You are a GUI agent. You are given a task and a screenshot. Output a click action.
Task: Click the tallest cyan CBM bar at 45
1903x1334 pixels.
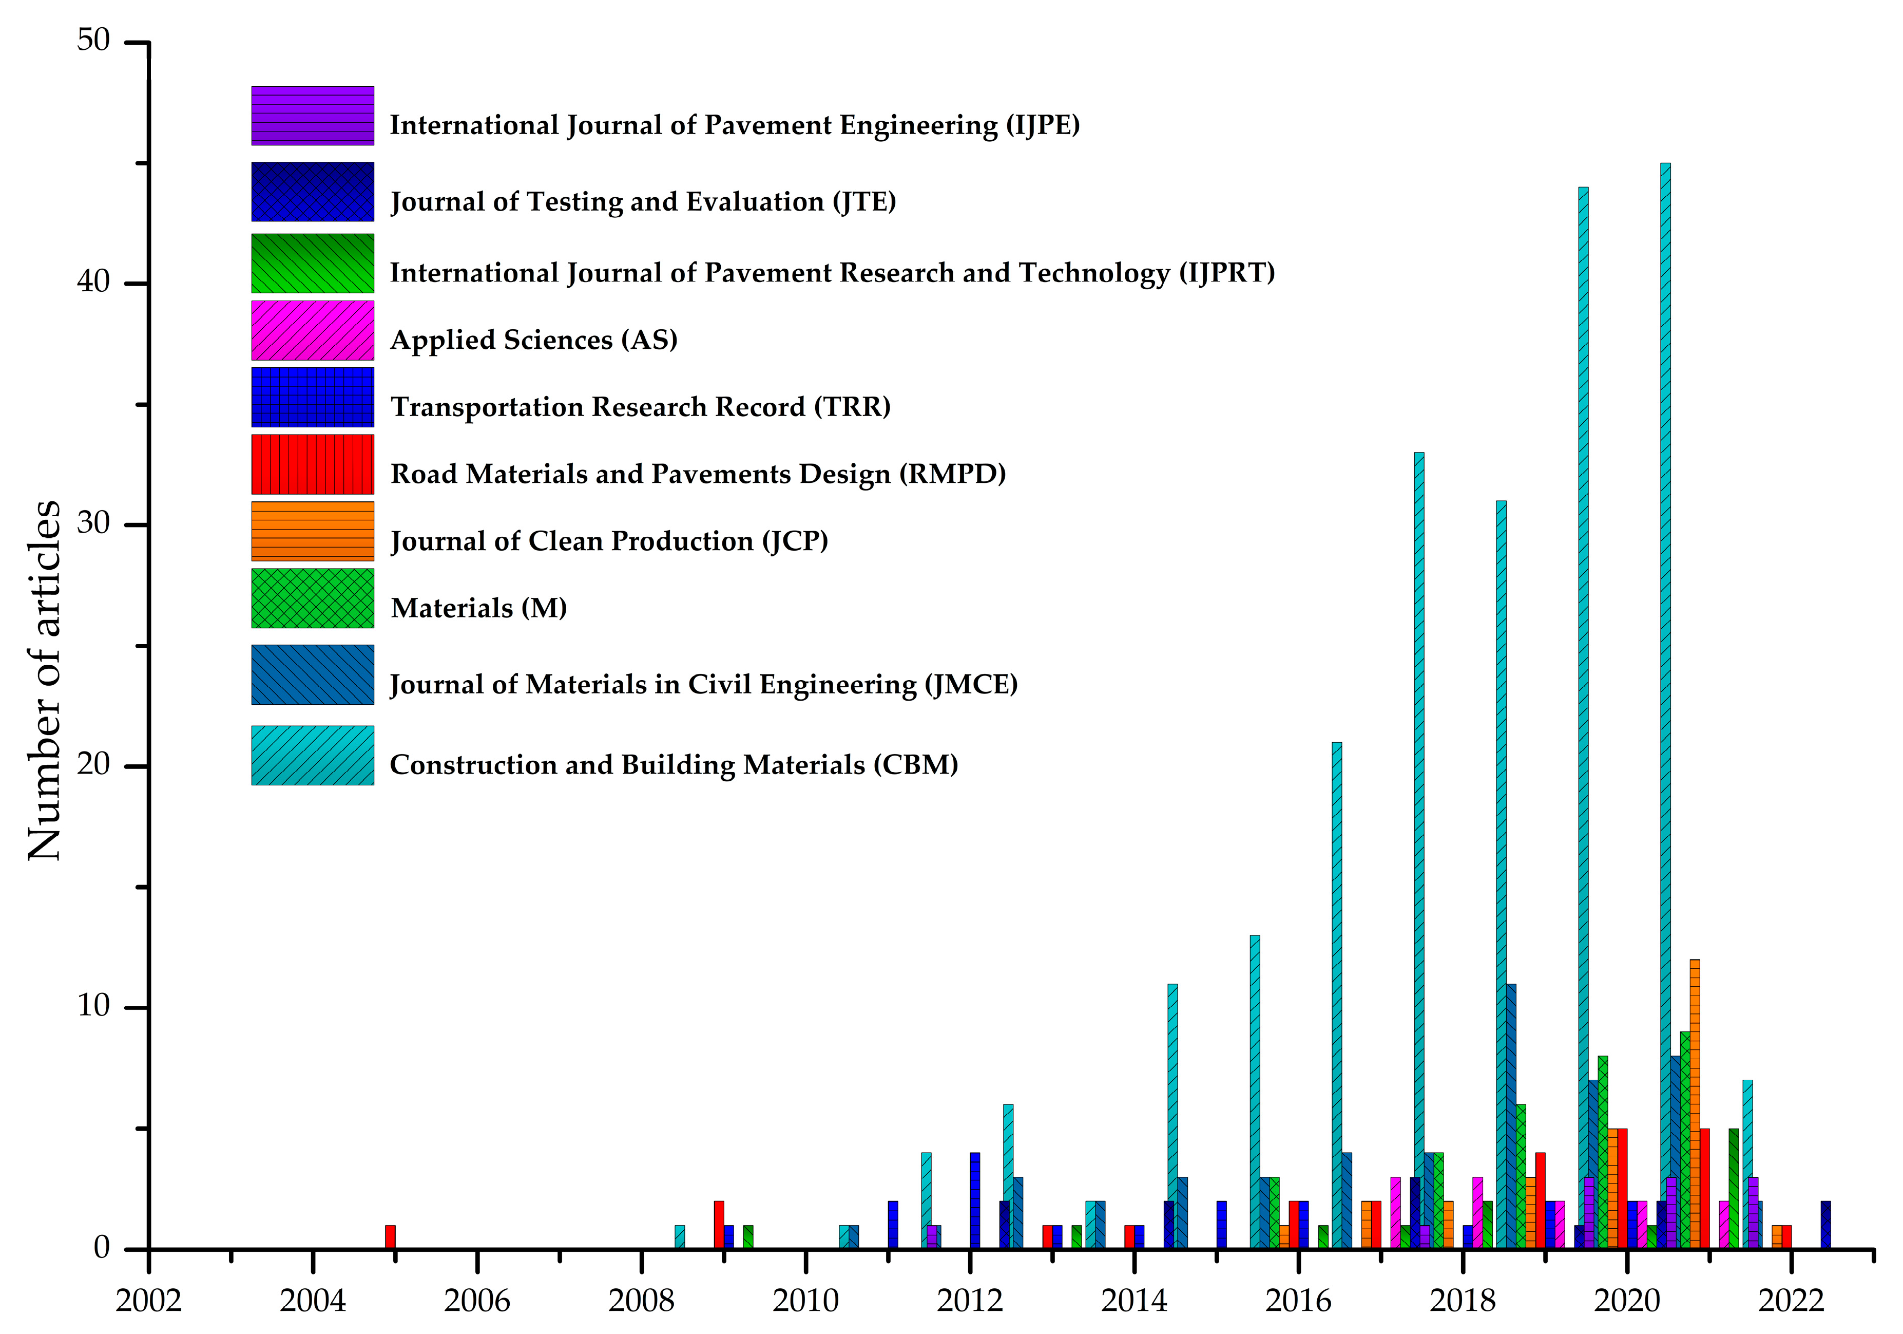pos(1665,705)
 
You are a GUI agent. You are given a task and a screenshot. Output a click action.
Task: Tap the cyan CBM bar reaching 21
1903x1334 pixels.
pos(1337,995)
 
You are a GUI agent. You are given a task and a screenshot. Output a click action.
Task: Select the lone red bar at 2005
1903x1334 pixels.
pos(390,1236)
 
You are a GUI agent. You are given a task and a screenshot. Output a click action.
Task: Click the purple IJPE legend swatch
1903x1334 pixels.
pos(313,115)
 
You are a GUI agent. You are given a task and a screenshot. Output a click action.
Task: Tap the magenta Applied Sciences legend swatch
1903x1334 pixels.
pos(313,330)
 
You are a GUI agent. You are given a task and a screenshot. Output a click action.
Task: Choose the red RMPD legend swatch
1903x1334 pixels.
pos(313,464)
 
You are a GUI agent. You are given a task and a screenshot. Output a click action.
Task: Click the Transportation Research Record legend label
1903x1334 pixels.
pos(640,406)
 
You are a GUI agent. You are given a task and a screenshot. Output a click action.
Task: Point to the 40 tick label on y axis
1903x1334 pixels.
pos(93,282)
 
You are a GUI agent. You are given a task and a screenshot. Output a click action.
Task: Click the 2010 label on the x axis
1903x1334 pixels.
pos(805,1301)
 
